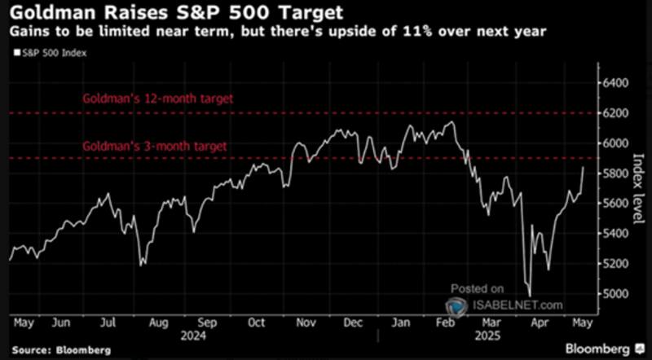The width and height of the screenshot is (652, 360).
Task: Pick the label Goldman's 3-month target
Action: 154,147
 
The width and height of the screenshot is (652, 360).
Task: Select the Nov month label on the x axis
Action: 306,322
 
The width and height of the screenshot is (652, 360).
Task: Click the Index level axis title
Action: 638,186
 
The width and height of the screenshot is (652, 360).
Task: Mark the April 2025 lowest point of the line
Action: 530,296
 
